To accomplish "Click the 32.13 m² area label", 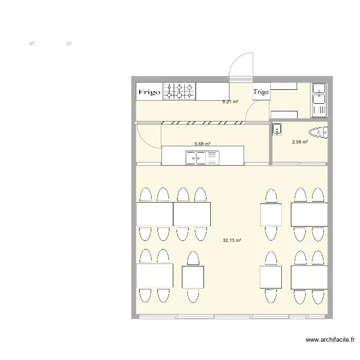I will pyautogui.click(x=232, y=240).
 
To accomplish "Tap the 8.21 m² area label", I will pyautogui.click(x=230, y=102).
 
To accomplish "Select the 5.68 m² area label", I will pyautogui.click(x=203, y=144).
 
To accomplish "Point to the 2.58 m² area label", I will pyautogui.click(x=300, y=142).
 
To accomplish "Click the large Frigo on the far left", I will pyautogui.click(x=149, y=92).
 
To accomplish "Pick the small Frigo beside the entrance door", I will pyautogui.click(x=261, y=92).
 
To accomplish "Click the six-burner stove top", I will pyautogui.click(x=180, y=91).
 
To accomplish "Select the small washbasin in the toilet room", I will pyautogui.click(x=277, y=129).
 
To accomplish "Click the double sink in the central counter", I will pyautogui.click(x=202, y=157).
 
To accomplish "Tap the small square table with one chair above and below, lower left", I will pyautogui.click(x=193, y=277).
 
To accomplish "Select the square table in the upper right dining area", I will pyautogui.click(x=271, y=214).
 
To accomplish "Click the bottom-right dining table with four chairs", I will pyautogui.click(x=309, y=277).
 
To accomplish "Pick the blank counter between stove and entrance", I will pyautogui.click(x=212, y=91).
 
